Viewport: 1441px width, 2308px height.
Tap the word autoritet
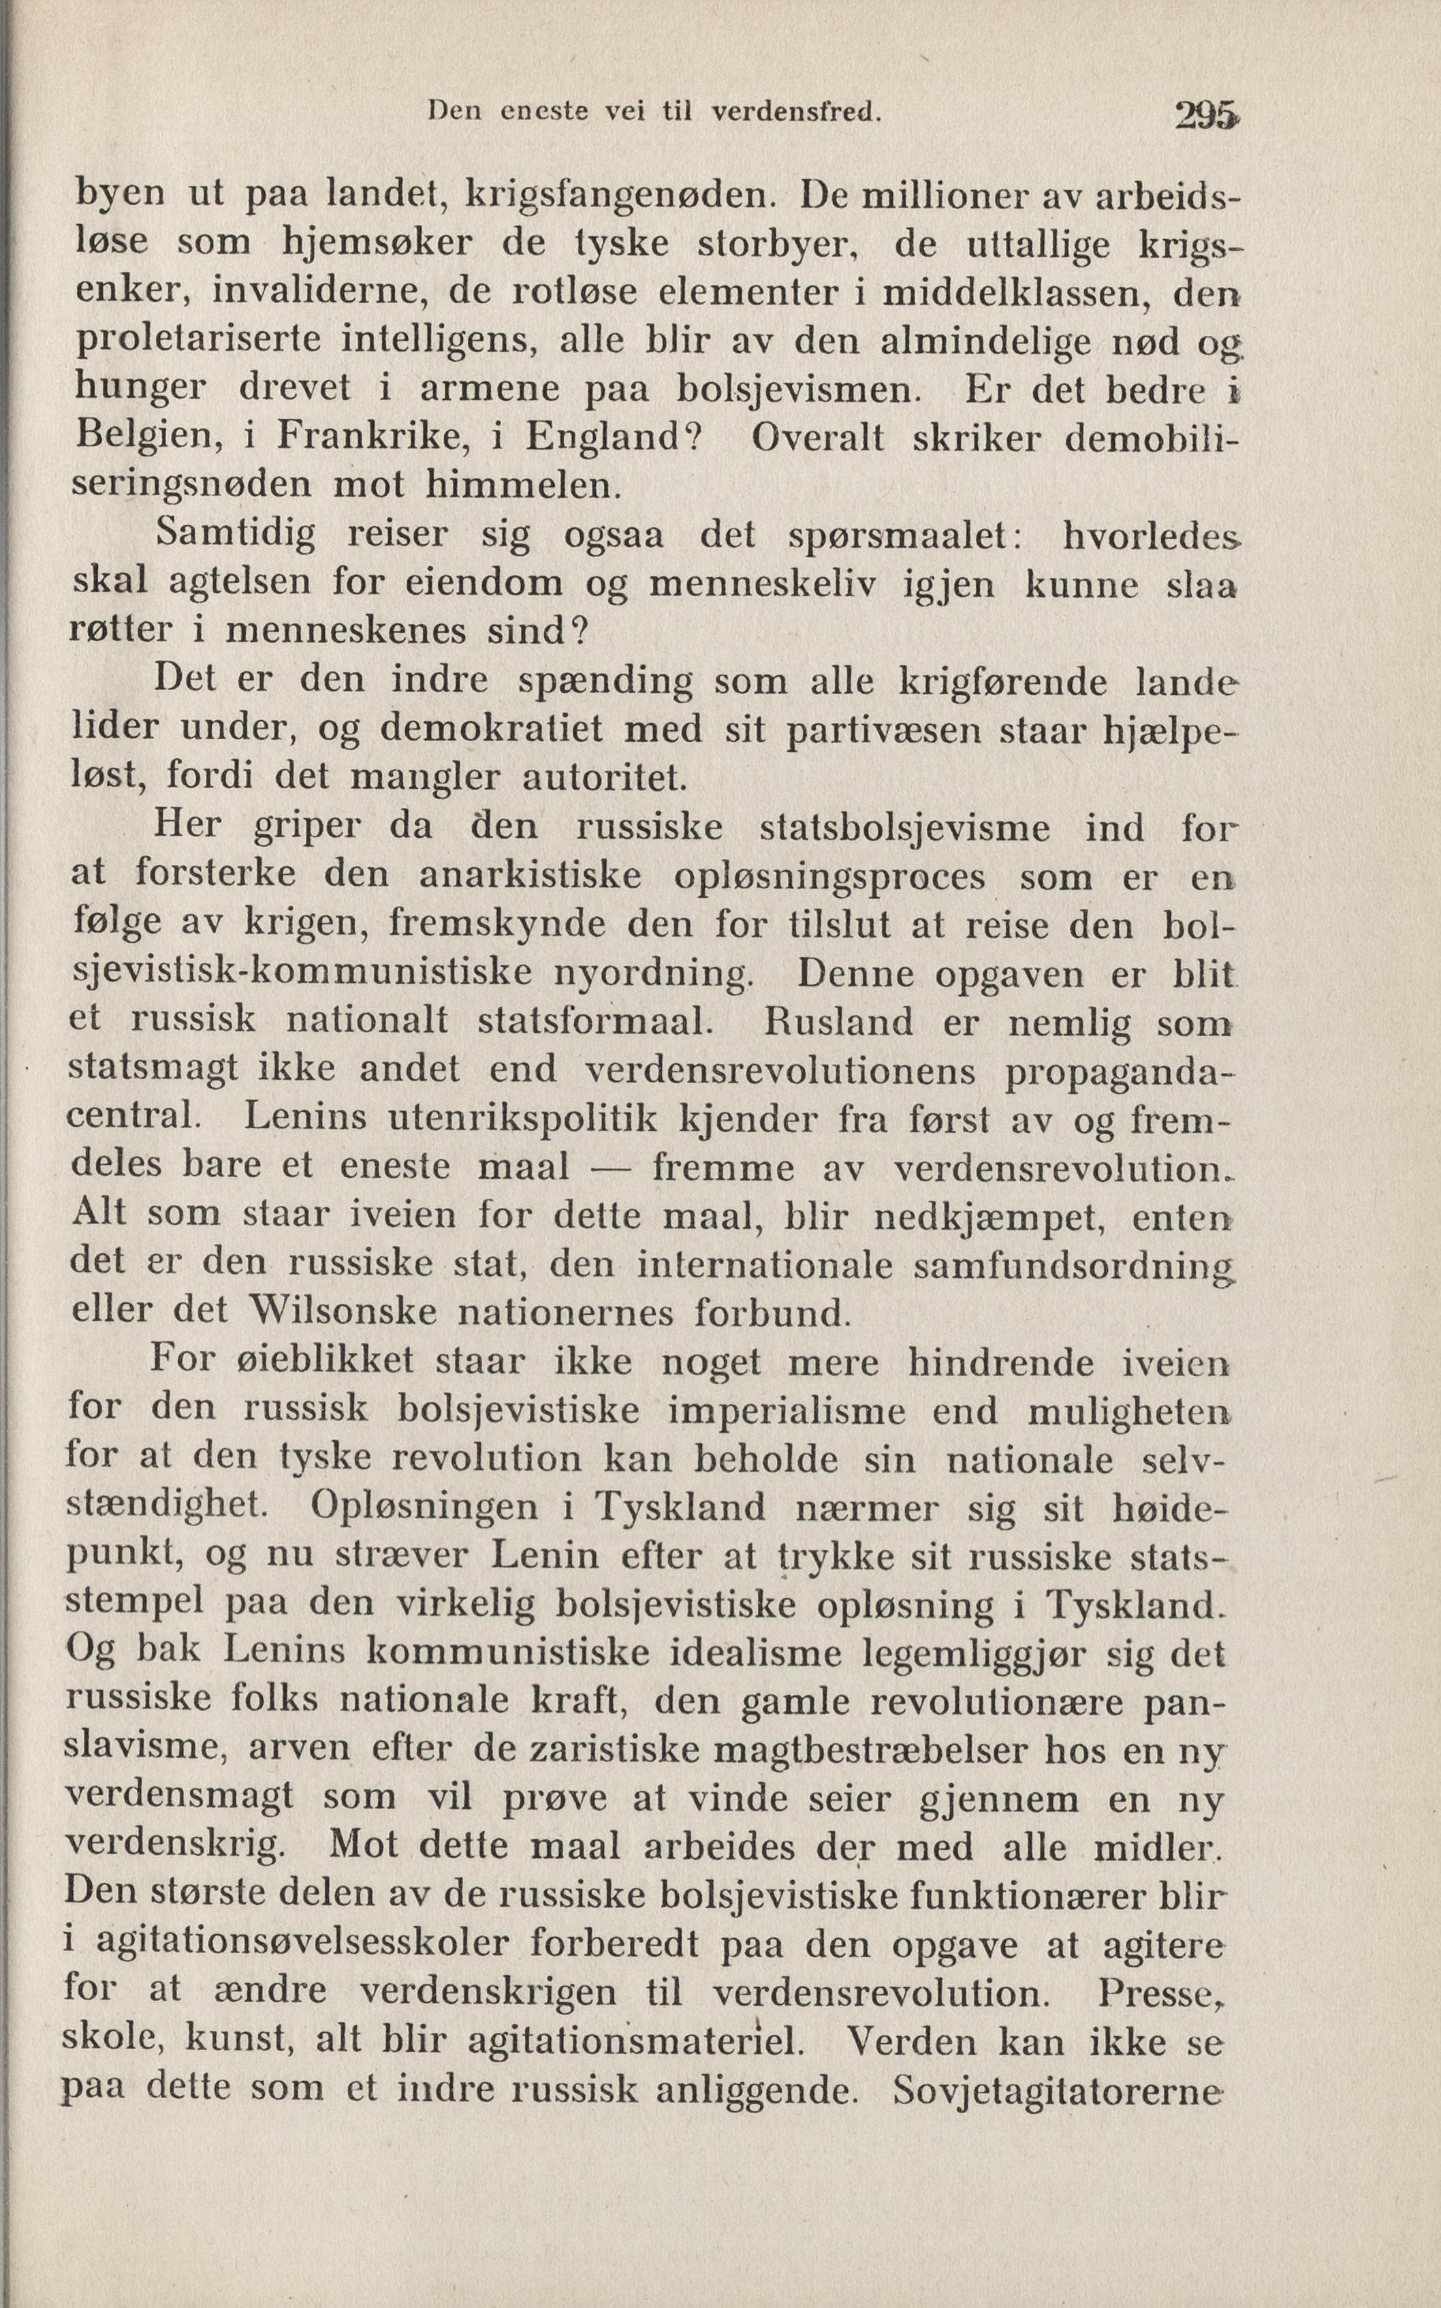click(604, 777)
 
